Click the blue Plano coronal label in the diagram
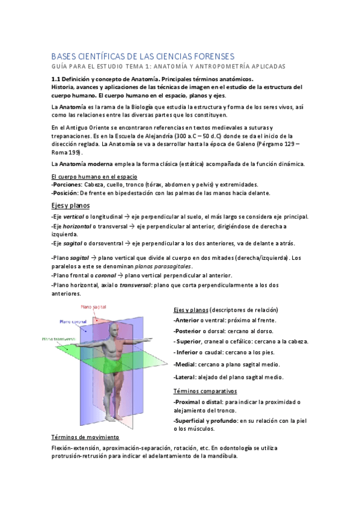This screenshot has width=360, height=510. click(x=73, y=322)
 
